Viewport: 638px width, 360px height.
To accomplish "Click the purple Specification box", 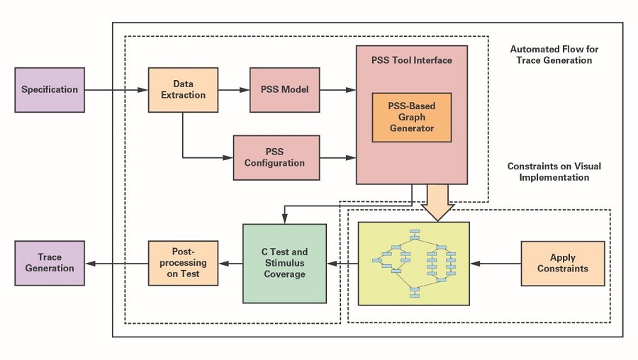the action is pos(50,90).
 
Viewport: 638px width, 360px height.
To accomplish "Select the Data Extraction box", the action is pos(183,90).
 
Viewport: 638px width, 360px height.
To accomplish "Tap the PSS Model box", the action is pos(285,90).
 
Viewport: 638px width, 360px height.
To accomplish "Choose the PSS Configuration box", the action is pos(276,158).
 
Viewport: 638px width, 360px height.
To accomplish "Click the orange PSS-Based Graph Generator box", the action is pos(412,118).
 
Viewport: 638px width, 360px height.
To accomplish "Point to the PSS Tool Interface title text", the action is pos(412,60).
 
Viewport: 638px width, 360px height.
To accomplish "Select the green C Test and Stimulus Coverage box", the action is pos(285,264).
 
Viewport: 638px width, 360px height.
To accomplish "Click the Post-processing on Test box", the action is pos(183,263).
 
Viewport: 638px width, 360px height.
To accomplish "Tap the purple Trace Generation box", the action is pos(50,263).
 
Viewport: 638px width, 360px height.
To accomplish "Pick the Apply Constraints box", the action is pos(563,264).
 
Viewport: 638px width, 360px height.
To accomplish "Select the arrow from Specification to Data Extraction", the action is pos(116,90).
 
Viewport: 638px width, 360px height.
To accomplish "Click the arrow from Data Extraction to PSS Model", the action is pos(234,90).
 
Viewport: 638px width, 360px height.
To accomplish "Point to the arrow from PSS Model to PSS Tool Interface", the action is pos(338,90).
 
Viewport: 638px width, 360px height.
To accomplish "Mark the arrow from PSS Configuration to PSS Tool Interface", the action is pos(338,158).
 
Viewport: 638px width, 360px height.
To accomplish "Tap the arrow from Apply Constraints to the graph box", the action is pos(496,264).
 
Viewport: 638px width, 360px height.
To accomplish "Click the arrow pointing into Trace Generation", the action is pos(116,264).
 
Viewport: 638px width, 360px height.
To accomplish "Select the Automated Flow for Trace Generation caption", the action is pos(554,55).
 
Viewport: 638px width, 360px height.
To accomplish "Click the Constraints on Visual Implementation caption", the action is pos(554,171).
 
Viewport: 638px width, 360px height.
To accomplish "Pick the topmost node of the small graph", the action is pos(415,232).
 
